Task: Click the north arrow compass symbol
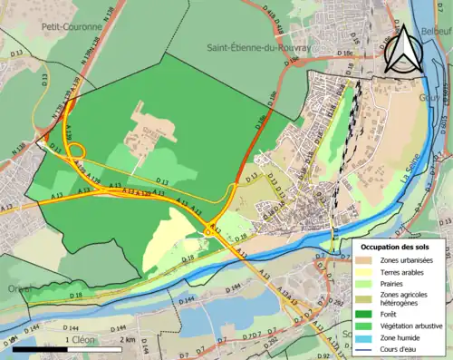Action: [400, 49]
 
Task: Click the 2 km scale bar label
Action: [127, 339]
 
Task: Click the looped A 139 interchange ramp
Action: [74, 150]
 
